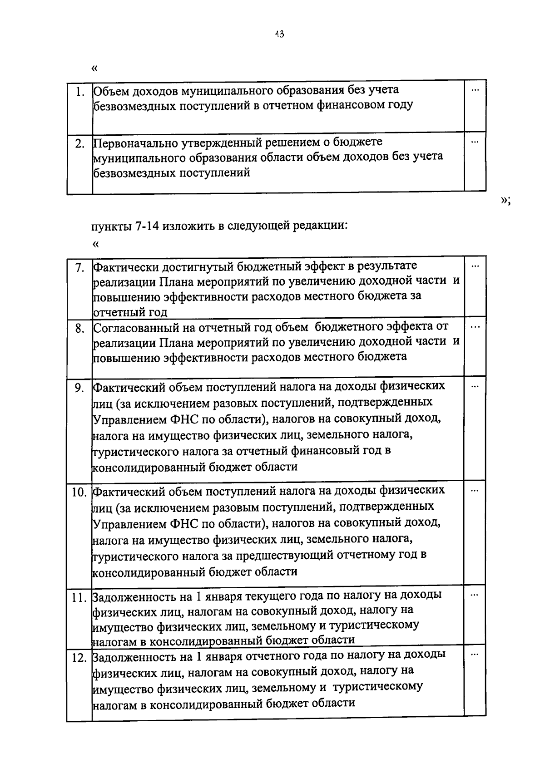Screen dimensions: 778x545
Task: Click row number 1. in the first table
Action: click(81, 92)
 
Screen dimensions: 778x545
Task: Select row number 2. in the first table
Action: click(80, 144)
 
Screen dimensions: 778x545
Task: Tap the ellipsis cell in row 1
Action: click(475, 90)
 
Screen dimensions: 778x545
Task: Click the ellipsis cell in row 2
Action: click(475, 143)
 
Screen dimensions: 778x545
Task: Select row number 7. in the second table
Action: click(80, 268)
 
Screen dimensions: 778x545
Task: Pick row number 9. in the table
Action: click(80, 389)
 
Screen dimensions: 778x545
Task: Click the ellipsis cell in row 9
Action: click(475, 387)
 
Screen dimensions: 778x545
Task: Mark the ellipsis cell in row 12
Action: click(475, 655)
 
